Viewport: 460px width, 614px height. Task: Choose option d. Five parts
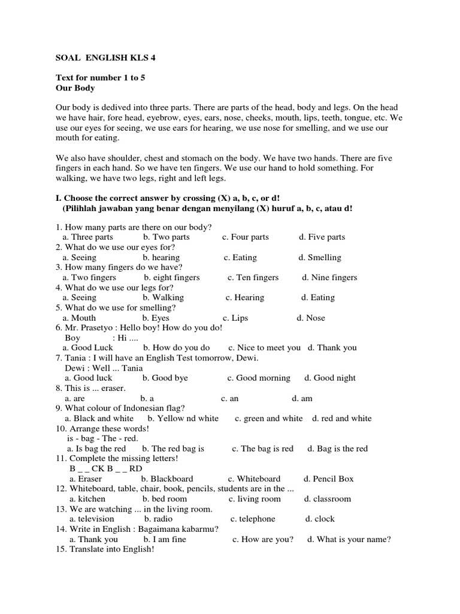322,237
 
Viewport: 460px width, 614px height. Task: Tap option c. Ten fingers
253,278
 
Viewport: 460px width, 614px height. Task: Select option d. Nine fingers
329,278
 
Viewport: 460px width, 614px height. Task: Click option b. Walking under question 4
163,297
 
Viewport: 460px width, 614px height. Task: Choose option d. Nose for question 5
311,318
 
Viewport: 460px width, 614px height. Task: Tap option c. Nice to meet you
265,347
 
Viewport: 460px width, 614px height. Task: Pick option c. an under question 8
229,398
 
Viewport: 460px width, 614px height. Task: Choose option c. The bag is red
262,449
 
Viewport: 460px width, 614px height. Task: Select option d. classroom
327,499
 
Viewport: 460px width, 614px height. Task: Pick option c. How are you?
263,539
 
